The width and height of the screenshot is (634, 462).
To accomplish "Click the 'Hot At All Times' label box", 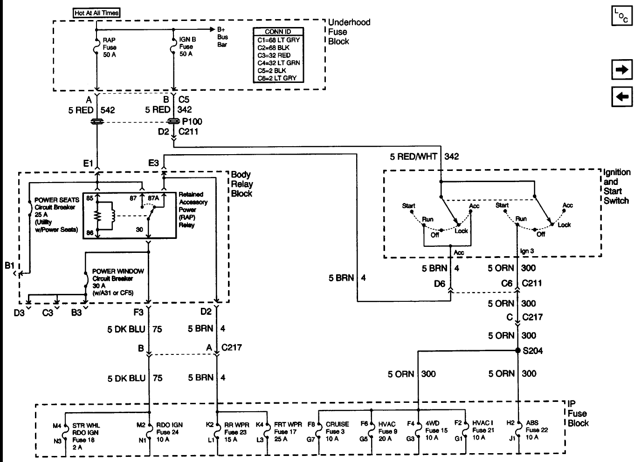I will coord(97,13).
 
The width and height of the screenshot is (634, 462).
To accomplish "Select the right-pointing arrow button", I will coord(621,70).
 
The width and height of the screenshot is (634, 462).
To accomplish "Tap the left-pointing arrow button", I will coord(621,97).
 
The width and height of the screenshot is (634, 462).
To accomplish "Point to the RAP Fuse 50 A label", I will coord(110,47).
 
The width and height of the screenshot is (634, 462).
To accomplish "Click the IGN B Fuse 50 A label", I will coord(187,47).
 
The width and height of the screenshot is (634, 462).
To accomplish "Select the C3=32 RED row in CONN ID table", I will coord(278,55).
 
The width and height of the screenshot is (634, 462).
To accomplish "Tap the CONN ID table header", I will coord(278,32).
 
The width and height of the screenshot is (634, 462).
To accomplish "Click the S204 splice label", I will coord(533,351).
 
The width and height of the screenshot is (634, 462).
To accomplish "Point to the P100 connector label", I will coord(192,122).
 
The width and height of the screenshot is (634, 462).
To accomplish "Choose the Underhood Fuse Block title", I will coord(349,32).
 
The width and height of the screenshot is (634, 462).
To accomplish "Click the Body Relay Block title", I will coord(242,184).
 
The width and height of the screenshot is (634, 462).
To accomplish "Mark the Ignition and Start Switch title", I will coord(616,186).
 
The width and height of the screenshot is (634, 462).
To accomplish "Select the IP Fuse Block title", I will coord(578,414).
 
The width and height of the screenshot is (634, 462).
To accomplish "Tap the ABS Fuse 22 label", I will coord(536,430).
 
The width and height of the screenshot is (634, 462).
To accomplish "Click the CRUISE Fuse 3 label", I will coord(337,431).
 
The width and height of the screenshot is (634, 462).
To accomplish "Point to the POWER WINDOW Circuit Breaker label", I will coord(118,279).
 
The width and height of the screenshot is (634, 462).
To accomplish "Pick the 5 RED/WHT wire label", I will coord(413,156).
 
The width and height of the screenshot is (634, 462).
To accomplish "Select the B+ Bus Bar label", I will coord(222,37).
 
